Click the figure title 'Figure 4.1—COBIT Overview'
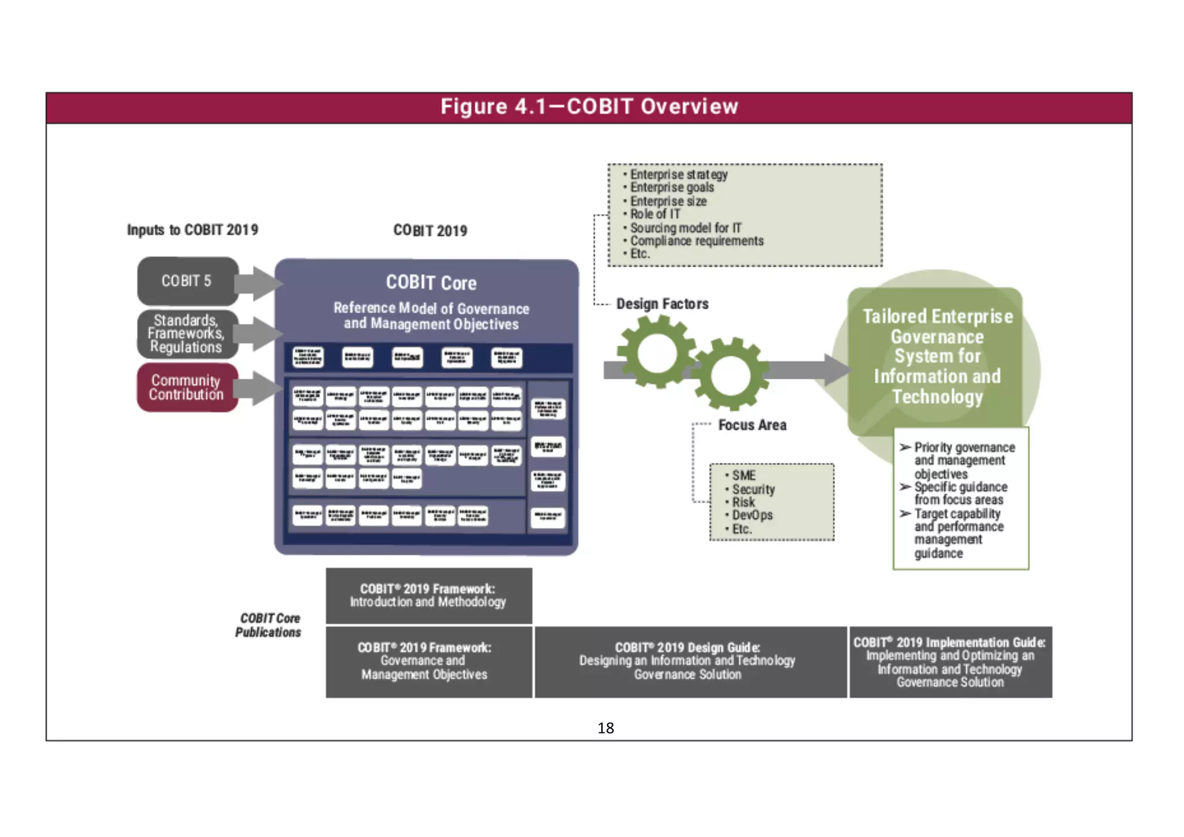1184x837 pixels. pyautogui.click(x=589, y=107)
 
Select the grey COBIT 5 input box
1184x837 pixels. pyautogui.click(x=187, y=281)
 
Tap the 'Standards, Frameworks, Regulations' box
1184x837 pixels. pyautogui.click(x=187, y=334)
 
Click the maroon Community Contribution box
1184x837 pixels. pyautogui.click(x=187, y=387)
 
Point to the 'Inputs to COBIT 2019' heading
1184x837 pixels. pyautogui.click(x=193, y=230)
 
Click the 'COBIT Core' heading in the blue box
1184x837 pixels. pyautogui.click(x=431, y=283)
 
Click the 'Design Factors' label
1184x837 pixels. pyautogui.click(x=662, y=304)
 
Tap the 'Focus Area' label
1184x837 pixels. pyautogui.click(x=752, y=425)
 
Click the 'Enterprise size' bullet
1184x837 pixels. pyautogui.click(x=668, y=201)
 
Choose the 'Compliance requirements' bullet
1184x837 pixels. pyautogui.click(x=697, y=241)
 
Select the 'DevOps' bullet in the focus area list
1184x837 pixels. pyautogui.click(x=752, y=515)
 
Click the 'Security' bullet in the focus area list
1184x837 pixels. pyautogui.click(x=753, y=489)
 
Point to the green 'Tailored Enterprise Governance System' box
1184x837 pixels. pyautogui.click(x=937, y=357)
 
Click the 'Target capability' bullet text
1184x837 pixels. pyautogui.click(x=957, y=514)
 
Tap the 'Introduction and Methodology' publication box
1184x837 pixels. pyautogui.click(x=428, y=595)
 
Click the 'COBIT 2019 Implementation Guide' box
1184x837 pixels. pyautogui.click(x=950, y=662)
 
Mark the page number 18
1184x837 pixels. pyautogui.click(x=605, y=728)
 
